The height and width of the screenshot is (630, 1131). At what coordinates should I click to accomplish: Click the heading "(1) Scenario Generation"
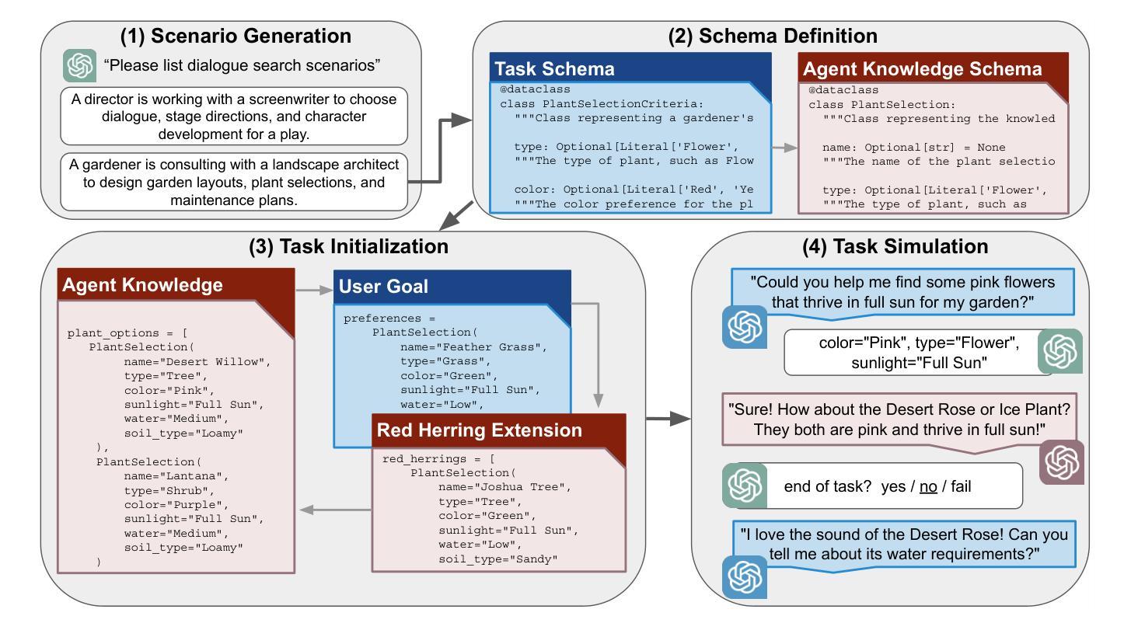coord(236,36)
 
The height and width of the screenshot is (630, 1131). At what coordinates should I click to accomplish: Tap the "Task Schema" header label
coord(554,69)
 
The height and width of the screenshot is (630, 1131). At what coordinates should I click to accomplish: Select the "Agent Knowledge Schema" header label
coord(923,69)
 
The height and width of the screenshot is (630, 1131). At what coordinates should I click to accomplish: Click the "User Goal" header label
coord(383,287)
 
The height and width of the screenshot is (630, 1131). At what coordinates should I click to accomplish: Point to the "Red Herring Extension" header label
coord(479,430)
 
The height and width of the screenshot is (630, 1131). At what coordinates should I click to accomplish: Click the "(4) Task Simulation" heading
coord(895,247)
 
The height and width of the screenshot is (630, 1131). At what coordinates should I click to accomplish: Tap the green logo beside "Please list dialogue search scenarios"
coord(80,65)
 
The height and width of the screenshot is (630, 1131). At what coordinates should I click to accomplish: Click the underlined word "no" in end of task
coord(928,487)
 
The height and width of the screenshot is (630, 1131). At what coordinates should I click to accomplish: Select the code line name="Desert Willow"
coord(197,362)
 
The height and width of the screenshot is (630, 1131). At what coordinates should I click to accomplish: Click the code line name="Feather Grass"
coord(473,347)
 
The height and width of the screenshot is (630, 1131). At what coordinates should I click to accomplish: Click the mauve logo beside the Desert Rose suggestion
coord(1061,462)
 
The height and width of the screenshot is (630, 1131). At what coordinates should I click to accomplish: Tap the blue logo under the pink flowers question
coord(745,327)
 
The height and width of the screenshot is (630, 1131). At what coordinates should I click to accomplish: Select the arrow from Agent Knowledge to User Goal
coord(314,290)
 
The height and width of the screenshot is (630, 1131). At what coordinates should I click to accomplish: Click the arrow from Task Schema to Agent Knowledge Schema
coord(784,148)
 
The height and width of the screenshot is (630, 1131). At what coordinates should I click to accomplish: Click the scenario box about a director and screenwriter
coord(234,117)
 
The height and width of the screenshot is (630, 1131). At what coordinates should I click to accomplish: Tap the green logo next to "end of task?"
coord(745,486)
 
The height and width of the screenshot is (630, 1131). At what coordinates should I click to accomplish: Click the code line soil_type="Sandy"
coord(497,559)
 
